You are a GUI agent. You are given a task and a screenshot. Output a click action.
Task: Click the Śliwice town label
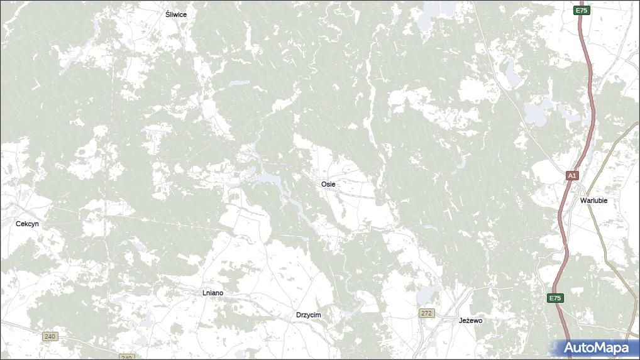point(175,14)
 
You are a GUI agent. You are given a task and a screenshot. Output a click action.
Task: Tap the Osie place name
point(328,184)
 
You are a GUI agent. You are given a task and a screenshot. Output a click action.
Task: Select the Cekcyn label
point(27,224)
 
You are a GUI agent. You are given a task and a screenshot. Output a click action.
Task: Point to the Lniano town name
point(212,293)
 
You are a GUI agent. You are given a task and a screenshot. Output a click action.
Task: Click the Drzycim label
point(309,315)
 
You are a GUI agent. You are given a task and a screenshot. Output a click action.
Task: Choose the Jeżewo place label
point(470,320)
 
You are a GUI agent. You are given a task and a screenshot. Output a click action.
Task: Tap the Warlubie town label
point(593,200)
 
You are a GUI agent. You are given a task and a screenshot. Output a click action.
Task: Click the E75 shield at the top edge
point(581,11)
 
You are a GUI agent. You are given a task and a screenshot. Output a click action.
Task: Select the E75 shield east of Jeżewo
point(554,298)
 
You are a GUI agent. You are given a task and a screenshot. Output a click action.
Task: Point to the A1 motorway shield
point(571,176)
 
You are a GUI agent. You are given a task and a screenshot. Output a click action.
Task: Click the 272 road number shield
point(427,313)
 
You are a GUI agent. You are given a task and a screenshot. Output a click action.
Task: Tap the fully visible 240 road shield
point(50,337)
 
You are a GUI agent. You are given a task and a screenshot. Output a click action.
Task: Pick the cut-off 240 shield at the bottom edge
point(126,357)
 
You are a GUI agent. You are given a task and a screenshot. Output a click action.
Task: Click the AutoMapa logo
point(595,347)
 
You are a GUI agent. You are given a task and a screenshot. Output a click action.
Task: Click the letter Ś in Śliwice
point(167,14)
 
